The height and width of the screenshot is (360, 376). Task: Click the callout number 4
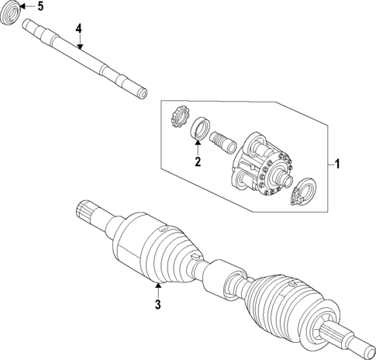click(x=78, y=29)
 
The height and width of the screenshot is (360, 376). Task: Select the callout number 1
click(x=337, y=164)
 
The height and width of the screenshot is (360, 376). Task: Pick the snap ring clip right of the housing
click(x=305, y=193)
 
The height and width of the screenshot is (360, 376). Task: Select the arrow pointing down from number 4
click(x=78, y=42)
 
